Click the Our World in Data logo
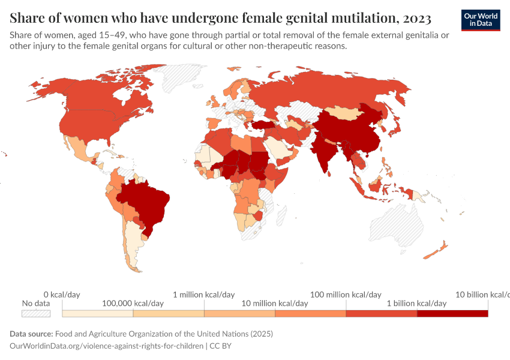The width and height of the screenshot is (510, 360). (x=481, y=20)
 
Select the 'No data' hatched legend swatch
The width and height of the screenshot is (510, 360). (x=36, y=313)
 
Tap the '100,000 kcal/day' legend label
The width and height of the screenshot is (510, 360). (x=133, y=304)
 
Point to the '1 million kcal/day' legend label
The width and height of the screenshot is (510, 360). (x=203, y=295)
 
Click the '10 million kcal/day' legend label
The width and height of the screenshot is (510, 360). (x=274, y=304)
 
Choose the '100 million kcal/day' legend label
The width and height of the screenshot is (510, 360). (x=346, y=295)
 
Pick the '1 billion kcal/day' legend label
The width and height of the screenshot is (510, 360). (x=416, y=304)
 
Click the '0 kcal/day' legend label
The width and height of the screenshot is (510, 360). (x=62, y=295)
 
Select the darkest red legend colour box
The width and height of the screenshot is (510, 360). (x=452, y=313)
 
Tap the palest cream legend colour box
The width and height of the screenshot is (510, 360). (x=97, y=313)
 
